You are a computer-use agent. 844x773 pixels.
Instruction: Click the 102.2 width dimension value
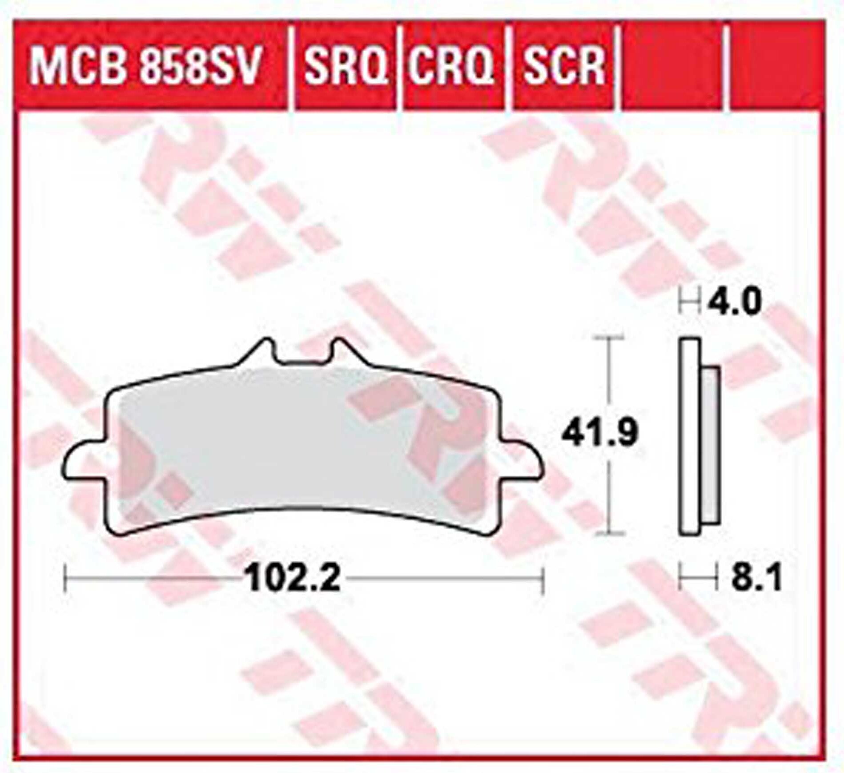[294, 578]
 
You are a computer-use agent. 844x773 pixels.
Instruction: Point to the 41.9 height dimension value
[600, 433]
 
